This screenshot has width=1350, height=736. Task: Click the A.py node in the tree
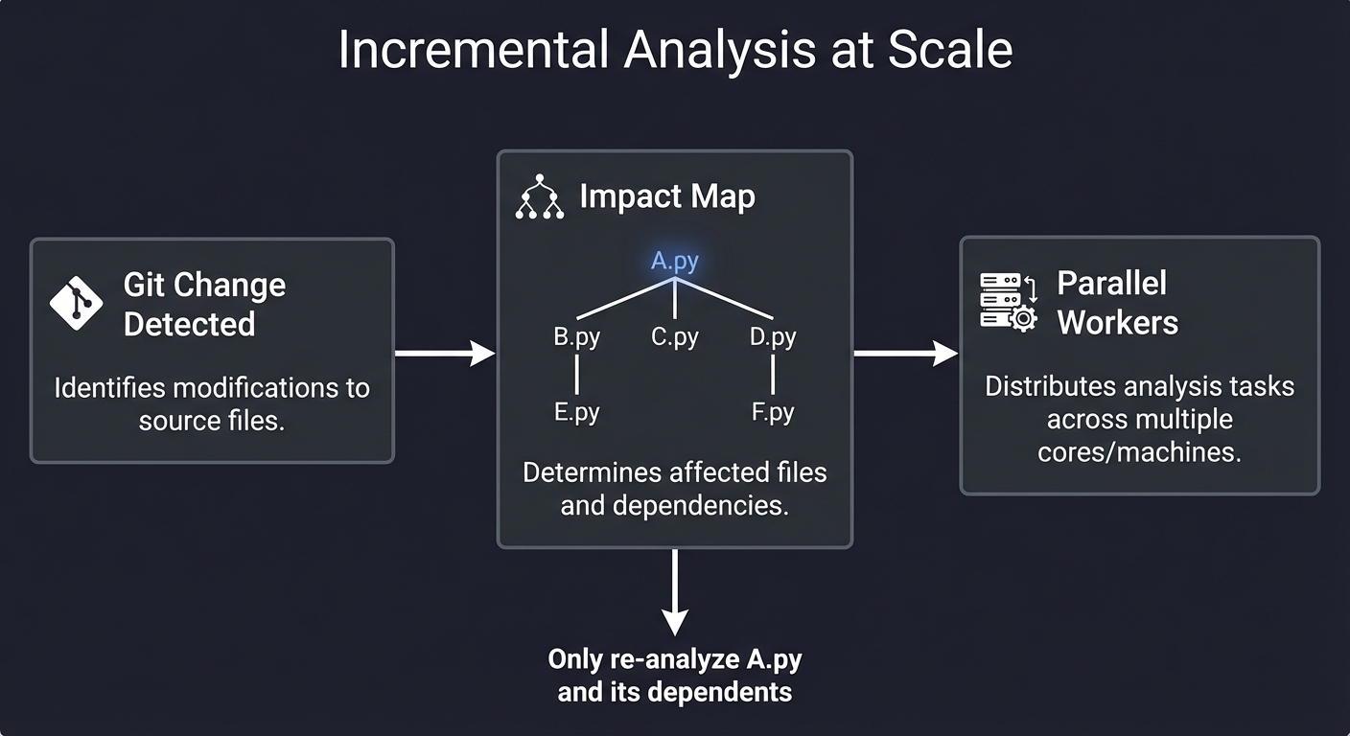click(675, 262)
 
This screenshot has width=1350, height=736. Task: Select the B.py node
click(576, 337)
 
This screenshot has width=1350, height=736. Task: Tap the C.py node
click(675, 337)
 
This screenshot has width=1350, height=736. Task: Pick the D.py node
click(773, 337)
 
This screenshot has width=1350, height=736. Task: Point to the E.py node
click(576, 412)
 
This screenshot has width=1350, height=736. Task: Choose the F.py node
click(773, 412)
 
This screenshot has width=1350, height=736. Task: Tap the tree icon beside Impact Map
click(540, 196)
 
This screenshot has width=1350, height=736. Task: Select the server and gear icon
click(1009, 302)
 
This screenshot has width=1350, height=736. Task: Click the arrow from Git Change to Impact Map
click(444, 354)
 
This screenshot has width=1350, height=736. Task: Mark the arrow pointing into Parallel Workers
click(905, 354)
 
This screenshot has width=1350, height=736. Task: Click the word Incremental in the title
click(472, 51)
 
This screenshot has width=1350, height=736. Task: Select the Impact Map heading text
click(667, 196)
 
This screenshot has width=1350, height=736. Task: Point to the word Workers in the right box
click(1117, 323)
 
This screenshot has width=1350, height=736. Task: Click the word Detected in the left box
click(189, 325)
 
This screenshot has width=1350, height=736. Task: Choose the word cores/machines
click(1139, 451)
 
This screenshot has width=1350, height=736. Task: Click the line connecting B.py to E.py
click(576, 375)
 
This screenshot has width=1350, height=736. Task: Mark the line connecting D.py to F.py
click(773, 375)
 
